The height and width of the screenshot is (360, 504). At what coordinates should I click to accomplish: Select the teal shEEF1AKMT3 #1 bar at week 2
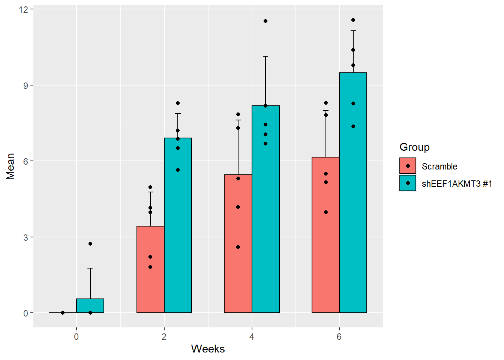pos(178,225)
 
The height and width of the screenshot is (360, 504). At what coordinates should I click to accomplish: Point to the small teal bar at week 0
pos(90,306)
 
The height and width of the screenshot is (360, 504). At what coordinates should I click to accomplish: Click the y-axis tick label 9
pos(26,85)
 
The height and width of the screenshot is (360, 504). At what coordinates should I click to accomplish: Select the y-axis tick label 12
pos(24,9)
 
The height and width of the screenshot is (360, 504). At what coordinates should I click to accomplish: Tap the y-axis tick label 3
pos(26,237)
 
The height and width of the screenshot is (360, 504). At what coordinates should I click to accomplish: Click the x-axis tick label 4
pos(252,337)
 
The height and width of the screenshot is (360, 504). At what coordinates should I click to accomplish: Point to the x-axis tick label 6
pos(339,337)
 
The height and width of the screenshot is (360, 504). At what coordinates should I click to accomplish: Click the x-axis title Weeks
pos(208,349)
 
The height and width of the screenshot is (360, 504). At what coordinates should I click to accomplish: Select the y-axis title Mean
pos(10,166)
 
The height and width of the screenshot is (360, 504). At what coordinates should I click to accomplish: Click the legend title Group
pos(414,147)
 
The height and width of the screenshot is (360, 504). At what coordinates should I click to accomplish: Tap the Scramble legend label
pos(439,166)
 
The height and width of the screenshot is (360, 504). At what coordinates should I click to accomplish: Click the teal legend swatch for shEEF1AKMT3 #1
pos(408,183)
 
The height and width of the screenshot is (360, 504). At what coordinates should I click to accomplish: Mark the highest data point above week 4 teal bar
pos(265,21)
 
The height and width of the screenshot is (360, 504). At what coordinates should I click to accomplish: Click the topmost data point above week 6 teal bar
pos(353,20)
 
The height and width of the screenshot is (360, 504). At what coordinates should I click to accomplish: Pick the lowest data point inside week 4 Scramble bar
pos(238,247)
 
